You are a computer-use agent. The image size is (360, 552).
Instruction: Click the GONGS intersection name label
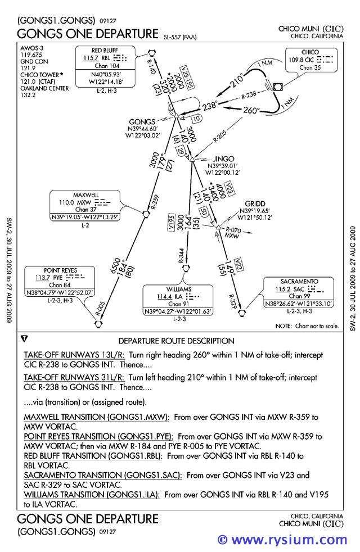[x=142, y=122]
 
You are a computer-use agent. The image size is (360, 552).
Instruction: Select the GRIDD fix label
[x=255, y=203]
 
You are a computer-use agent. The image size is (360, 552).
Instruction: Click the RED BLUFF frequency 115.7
[x=91, y=58]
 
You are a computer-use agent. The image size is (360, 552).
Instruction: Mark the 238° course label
[x=209, y=105]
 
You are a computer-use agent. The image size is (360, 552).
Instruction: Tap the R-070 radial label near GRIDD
[x=233, y=229]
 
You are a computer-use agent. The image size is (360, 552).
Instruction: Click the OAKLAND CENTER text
[x=44, y=88]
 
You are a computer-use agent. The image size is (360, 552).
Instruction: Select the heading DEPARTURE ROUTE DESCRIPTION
[x=176, y=341]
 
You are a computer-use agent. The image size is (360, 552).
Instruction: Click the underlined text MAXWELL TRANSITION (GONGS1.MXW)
[x=96, y=418]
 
